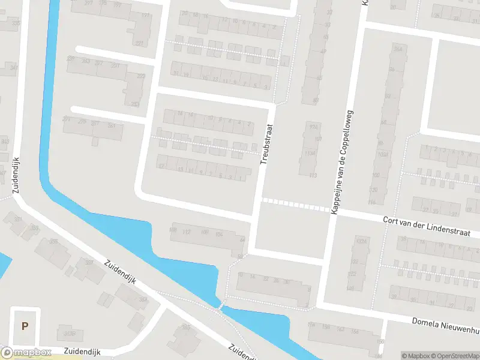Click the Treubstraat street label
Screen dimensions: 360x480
click(x=266, y=145)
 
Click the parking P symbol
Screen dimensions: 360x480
click(x=25, y=326)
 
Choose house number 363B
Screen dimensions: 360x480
click(x=70, y=334)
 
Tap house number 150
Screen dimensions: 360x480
click(x=380, y=341)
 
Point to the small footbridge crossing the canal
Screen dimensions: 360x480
click(x=221, y=306)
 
